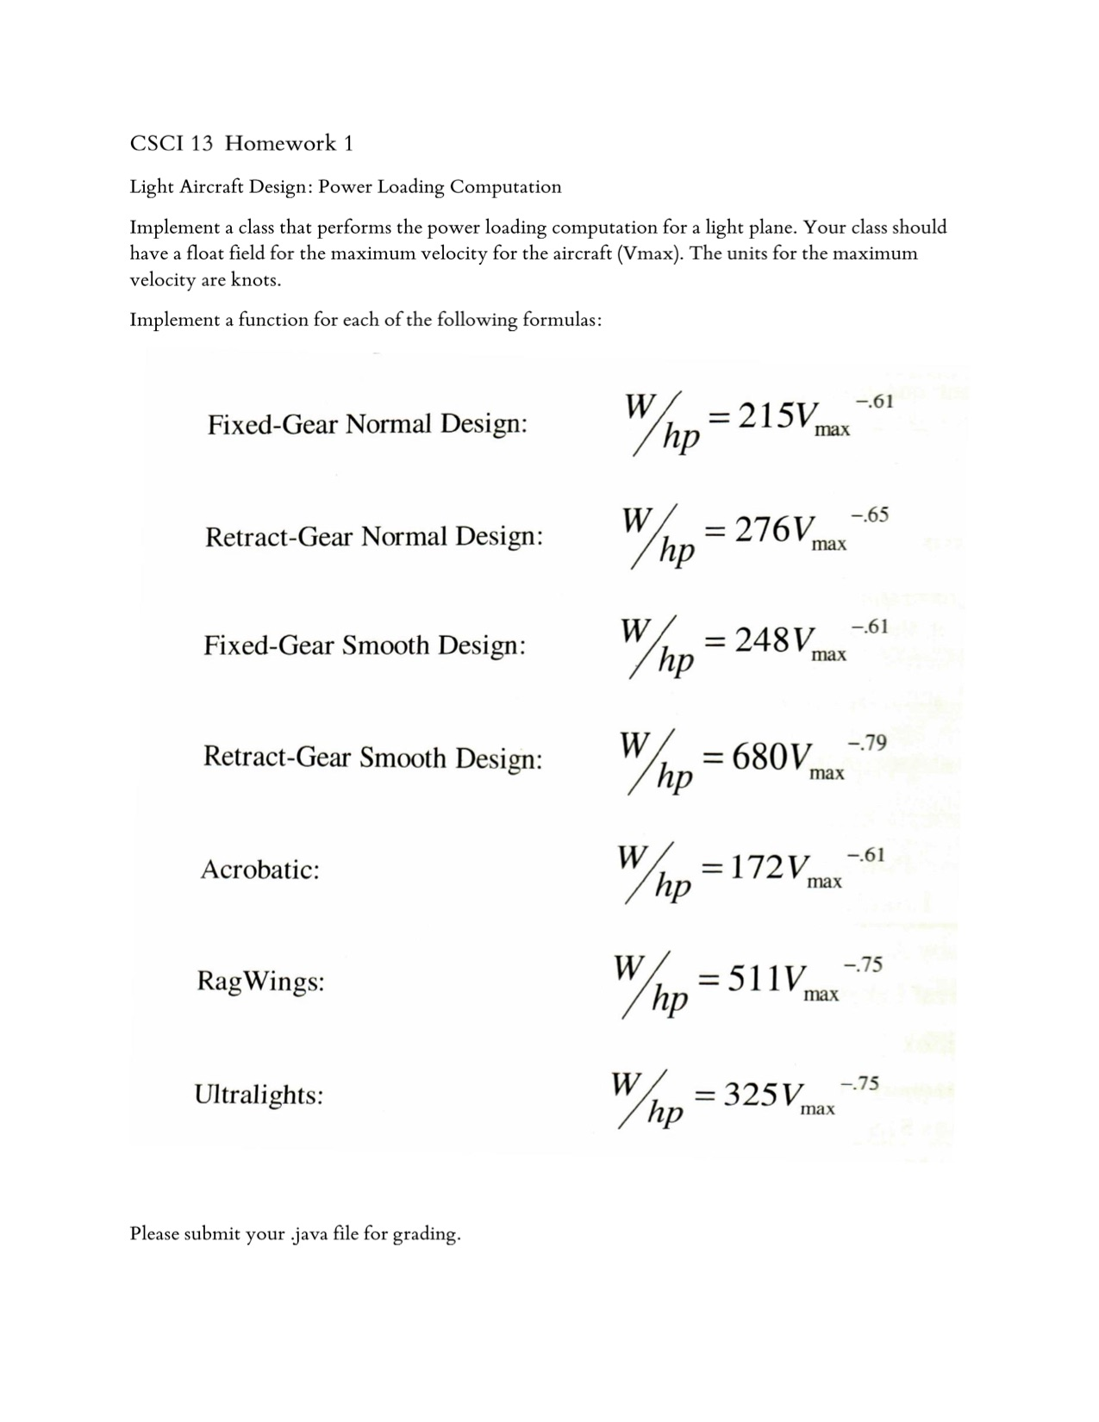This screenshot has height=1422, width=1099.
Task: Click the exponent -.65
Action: (870, 515)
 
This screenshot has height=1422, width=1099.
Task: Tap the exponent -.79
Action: (867, 743)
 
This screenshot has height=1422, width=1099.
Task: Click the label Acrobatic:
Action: (259, 869)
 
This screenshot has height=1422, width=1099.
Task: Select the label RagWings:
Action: (260, 982)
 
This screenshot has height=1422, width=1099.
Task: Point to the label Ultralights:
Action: (259, 1095)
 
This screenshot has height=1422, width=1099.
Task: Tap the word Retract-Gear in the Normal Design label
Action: (278, 537)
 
